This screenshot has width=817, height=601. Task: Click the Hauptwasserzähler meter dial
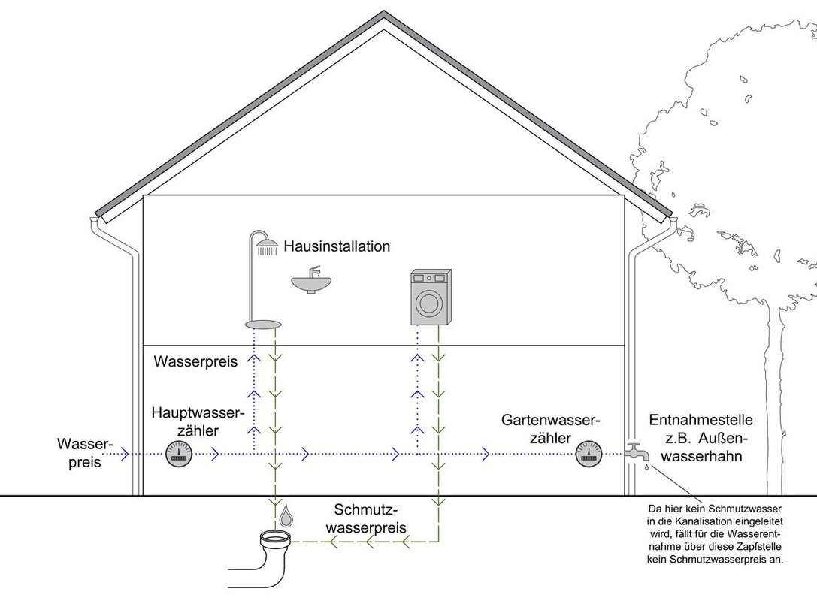[x=178, y=454]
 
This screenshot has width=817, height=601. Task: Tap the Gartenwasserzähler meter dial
[x=589, y=453]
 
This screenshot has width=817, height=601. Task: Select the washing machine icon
[x=430, y=297]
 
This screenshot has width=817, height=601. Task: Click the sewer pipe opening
[x=275, y=538]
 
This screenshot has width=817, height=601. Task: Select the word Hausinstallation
[x=337, y=246]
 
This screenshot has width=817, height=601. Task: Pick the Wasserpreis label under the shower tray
[x=195, y=362]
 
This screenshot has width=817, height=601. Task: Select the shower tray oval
[x=263, y=324]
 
